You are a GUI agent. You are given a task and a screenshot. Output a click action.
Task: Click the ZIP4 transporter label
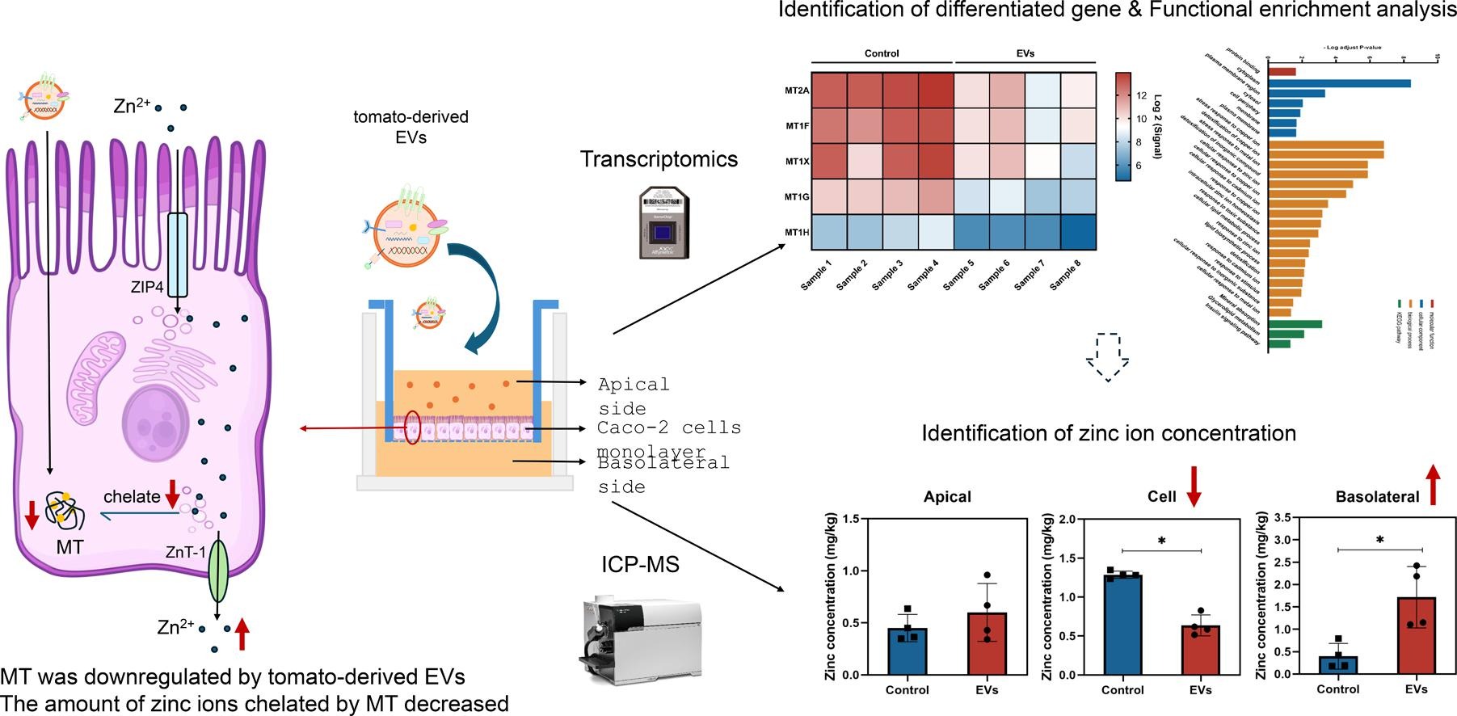coord(147,287)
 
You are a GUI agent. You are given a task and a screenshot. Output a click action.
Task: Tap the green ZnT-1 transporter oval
coord(218,571)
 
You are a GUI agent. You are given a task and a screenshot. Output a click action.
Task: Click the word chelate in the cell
coord(132,497)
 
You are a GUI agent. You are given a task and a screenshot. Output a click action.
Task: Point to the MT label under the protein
coord(69,547)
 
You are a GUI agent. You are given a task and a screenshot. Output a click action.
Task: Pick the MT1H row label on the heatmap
coord(797,233)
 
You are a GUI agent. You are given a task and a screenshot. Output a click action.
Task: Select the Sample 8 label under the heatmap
coord(1065,276)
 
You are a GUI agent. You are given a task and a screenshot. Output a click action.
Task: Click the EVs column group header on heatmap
coord(1025,53)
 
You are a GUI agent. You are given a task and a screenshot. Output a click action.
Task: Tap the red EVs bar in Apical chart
coord(987,643)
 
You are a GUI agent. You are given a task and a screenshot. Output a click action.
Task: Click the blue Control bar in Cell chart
coord(1122,625)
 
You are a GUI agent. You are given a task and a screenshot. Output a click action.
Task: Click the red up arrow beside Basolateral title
coord(1433,485)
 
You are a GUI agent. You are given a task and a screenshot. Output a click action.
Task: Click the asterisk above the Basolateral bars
coord(1379,540)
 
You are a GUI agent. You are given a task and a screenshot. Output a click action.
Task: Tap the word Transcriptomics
coord(659,159)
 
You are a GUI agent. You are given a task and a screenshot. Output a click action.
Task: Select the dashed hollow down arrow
coord(1107,356)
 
